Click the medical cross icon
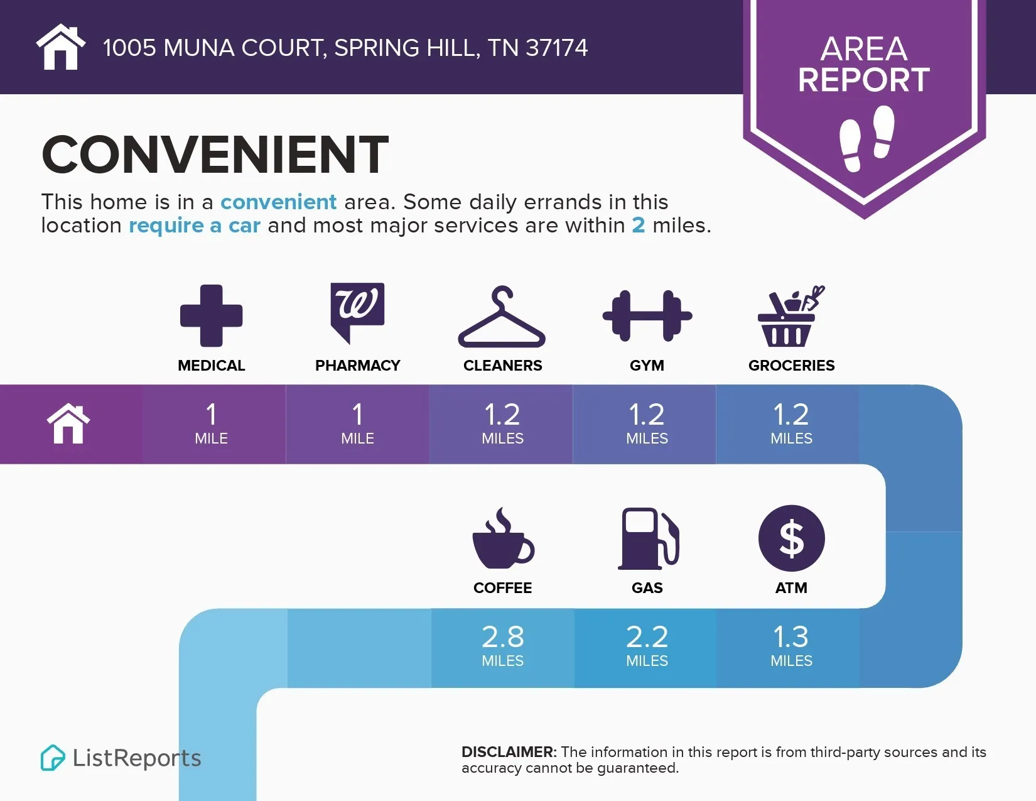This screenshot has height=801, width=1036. click(x=211, y=315)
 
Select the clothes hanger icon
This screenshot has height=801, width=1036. click(x=502, y=316)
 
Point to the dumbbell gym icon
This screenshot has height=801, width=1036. click(x=647, y=315)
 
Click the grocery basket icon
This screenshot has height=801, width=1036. click(x=791, y=316)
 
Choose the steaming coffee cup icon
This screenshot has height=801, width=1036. click(x=503, y=538)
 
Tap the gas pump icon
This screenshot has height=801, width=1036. click(x=649, y=538)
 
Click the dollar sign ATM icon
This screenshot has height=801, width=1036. click(x=791, y=538)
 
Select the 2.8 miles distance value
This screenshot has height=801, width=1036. click(x=502, y=645)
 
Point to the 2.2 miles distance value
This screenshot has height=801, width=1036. click(x=647, y=645)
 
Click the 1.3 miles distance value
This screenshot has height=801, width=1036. click(x=791, y=645)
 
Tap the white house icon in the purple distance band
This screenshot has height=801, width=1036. click(x=68, y=423)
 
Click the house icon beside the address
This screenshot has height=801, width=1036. click(x=60, y=46)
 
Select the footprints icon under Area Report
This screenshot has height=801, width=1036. click(x=866, y=138)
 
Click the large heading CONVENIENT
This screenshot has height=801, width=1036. click(x=215, y=154)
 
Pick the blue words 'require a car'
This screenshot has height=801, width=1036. click(x=195, y=225)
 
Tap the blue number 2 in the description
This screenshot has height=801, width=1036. click(x=639, y=225)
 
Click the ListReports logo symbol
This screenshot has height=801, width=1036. click(x=53, y=758)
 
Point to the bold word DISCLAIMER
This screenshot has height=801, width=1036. click(x=509, y=752)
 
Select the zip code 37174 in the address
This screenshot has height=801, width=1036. click(x=556, y=48)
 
